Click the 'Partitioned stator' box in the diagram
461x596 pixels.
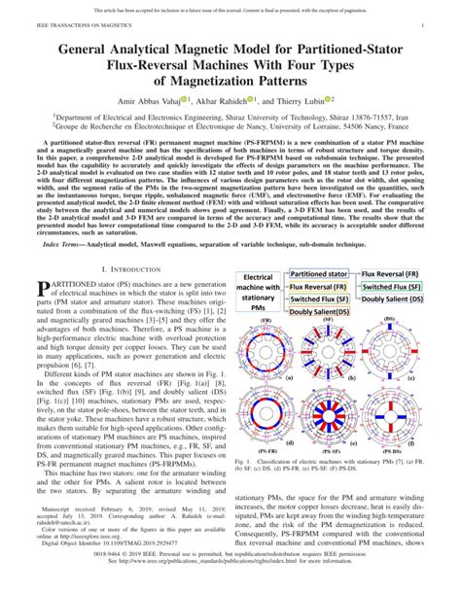click(319, 275)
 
